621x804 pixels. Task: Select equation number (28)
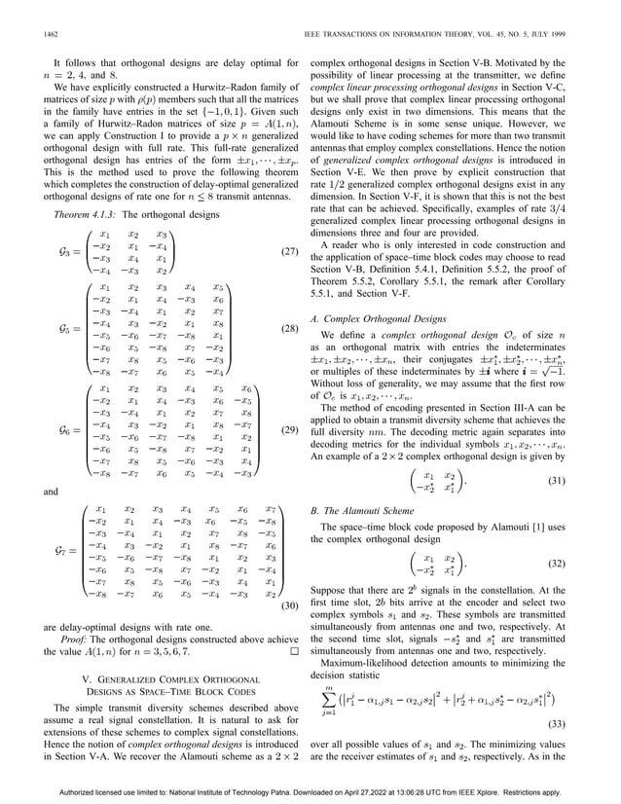point(288,330)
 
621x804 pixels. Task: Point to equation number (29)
point(288,429)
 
